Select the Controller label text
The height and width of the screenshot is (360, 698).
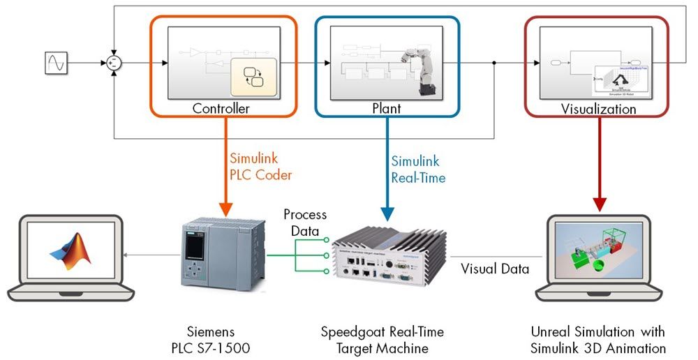click(x=221, y=109)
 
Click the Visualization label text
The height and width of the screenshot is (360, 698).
click(x=598, y=109)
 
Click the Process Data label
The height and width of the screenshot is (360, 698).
click(x=304, y=223)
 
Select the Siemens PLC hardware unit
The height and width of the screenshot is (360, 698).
click(x=222, y=255)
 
